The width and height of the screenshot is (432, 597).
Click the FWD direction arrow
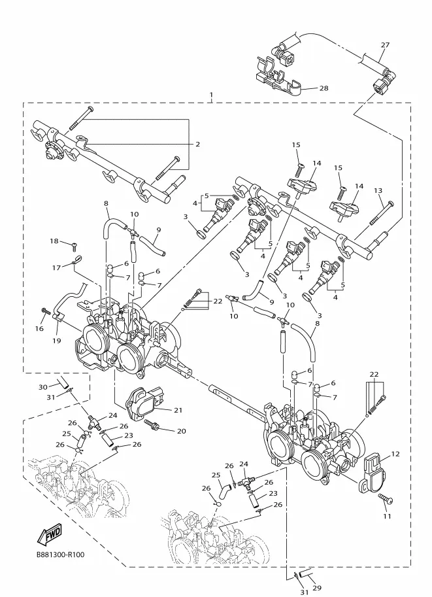click(x=49, y=535)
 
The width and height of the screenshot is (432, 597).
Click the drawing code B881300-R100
click(x=61, y=554)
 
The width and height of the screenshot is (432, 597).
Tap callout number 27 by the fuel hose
click(x=385, y=45)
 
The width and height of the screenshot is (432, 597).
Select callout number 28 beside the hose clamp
click(x=324, y=88)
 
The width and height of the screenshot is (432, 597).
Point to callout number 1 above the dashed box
click(x=211, y=95)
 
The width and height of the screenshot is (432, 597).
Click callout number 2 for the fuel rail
click(x=197, y=144)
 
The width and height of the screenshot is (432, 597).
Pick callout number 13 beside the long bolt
click(x=378, y=190)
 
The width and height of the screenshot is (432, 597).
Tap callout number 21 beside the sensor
click(x=178, y=410)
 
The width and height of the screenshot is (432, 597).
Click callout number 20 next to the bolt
click(x=181, y=431)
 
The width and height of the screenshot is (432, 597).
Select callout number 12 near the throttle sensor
click(x=395, y=454)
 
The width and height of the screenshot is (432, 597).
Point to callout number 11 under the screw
click(x=387, y=517)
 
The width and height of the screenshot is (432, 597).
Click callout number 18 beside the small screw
click(x=54, y=241)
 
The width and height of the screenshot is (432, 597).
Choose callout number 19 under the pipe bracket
click(x=56, y=341)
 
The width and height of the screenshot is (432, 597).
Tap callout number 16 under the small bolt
click(x=40, y=328)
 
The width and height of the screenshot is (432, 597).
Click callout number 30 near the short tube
click(x=43, y=387)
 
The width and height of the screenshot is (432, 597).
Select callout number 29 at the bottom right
click(x=317, y=588)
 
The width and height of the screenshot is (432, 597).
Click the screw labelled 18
click(x=75, y=247)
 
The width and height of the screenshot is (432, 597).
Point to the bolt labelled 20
click(x=152, y=425)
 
